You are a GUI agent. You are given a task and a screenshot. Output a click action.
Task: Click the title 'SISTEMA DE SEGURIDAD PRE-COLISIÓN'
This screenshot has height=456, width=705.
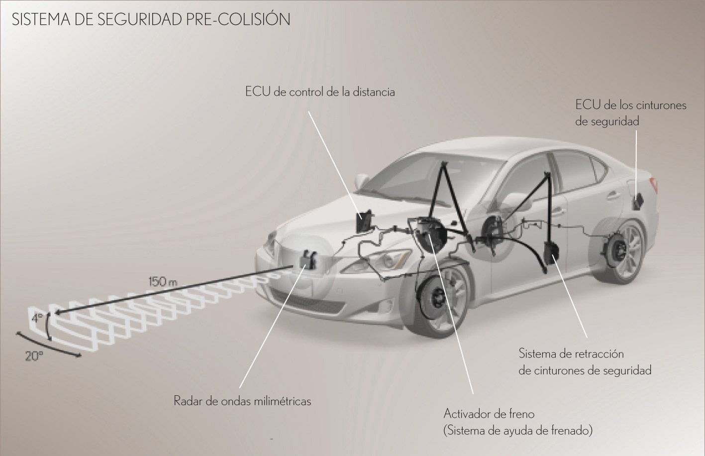(151, 19)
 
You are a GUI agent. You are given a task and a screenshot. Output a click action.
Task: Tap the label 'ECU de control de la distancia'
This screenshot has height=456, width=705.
(320, 92)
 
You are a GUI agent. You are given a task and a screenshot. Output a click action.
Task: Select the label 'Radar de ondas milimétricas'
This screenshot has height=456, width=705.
(242, 401)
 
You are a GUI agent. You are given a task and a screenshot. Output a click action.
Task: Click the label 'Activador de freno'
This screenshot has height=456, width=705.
(489, 414)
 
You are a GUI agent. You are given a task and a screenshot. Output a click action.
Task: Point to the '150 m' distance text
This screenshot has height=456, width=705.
(163, 281)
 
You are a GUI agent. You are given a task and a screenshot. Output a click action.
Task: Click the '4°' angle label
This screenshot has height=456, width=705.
(37, 318)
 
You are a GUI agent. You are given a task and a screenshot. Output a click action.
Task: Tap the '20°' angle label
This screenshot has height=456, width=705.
(34, 356)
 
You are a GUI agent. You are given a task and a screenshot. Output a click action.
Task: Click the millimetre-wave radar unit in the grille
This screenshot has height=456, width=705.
(308, 259)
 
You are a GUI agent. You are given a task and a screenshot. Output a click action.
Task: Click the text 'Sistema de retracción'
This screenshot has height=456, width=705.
(571, 353)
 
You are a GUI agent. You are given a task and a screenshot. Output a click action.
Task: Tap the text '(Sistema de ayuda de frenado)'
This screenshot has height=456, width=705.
(518, 431)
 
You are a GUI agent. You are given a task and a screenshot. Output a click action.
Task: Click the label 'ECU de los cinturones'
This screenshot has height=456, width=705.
(631, 105)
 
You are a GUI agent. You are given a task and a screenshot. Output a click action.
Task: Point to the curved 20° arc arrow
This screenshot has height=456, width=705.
(48, 346)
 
